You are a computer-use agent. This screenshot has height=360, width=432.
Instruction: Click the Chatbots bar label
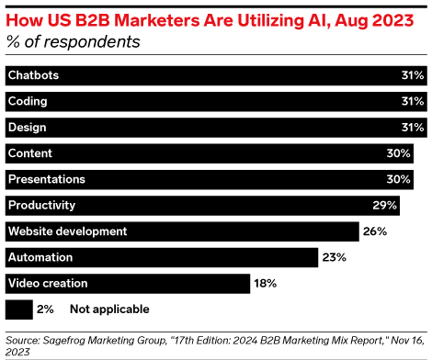click(33, 75)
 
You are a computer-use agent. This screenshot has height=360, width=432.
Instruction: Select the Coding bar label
click(28, 101)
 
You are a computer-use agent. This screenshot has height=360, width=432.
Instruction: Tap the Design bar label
click(28, 127)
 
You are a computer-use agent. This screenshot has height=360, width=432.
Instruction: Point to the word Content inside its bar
click(30, 152)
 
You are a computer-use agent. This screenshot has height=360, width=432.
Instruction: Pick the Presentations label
click(46, 178)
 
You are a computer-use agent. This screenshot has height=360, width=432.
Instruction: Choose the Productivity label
click(41, 205)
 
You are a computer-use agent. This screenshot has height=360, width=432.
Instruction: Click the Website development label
click(67, 231)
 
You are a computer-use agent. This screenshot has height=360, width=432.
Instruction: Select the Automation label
click(40, 257)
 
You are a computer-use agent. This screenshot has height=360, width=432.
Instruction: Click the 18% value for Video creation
click(267, 283)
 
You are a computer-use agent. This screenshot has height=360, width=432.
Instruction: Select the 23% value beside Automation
click(335, 257)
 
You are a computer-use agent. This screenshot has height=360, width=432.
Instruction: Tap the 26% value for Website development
click(376, 231)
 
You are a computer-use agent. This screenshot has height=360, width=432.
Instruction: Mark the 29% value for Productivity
click(385, 205)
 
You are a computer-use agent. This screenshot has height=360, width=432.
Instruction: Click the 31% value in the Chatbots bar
click(412, 75)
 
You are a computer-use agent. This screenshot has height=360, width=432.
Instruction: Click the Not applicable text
click(108, 309)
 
